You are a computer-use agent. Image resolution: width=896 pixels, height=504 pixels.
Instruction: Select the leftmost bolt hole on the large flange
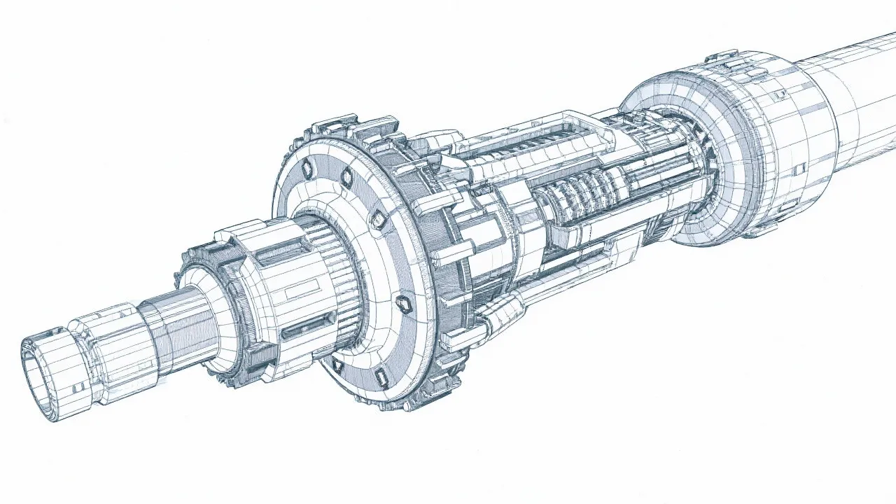pyautogui.click(x=306, y=169)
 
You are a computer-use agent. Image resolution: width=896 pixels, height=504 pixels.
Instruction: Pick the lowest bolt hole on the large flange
pyautogui.click(x=382, y=378)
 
